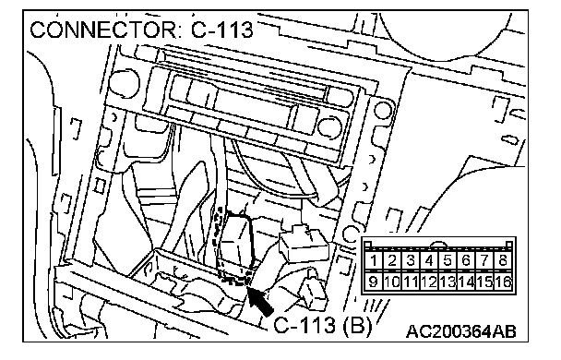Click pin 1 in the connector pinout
(374, 260)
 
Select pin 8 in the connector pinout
(504, 260)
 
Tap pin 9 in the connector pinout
(374, 282)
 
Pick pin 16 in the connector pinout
(504, 282)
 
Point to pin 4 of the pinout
(429, 260)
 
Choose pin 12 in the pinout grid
(429, 282)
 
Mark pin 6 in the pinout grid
(466, 260)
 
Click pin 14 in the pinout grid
(466, 282)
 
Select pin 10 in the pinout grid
(392, 282)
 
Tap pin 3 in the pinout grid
(411, 260)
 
